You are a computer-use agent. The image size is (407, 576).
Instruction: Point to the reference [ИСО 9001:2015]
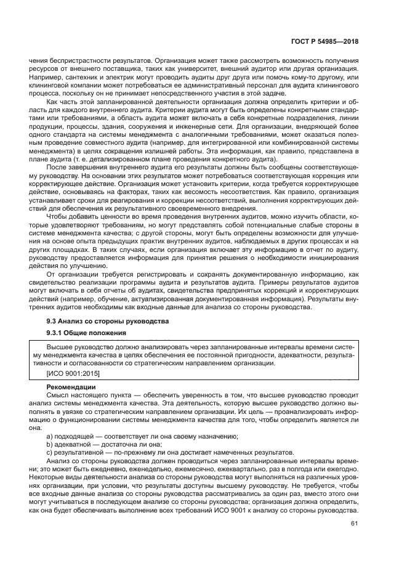click(73, 374)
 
